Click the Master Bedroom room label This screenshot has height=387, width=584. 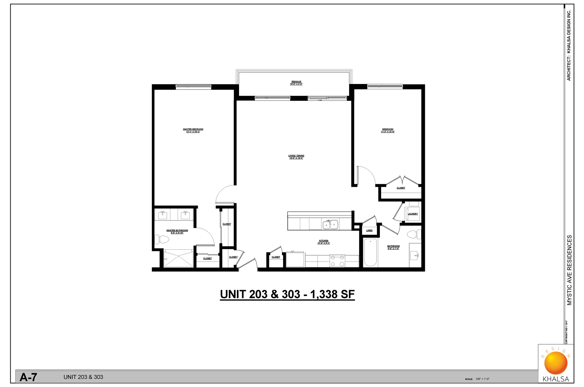click(x=193, y=129)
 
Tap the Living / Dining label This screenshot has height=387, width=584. click(x=296, y=156)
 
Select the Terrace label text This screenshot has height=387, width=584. click(x=296, y=82)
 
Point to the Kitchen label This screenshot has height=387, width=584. click(x=323, y=241)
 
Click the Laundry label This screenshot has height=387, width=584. click(x=413, y=214)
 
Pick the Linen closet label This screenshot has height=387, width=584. click(x=369, y=230)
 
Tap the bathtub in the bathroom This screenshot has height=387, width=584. click(x=370, y=252)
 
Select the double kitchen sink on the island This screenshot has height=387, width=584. click(x=330, y=225)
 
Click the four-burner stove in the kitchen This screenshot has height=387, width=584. click(x=337, y=261)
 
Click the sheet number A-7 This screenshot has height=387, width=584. click(x=28, y=377)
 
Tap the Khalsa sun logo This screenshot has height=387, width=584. click(x=556, y=363)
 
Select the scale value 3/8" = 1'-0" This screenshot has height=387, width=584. click(x=483, y=379)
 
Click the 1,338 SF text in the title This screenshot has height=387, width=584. click(x=332, y=294)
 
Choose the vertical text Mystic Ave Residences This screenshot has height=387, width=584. click(x=569, y=270)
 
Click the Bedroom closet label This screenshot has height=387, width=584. click(x=401, y=188)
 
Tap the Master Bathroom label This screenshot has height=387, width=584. click(x=177, y=230)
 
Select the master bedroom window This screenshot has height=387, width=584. click(x=193, y=86)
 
